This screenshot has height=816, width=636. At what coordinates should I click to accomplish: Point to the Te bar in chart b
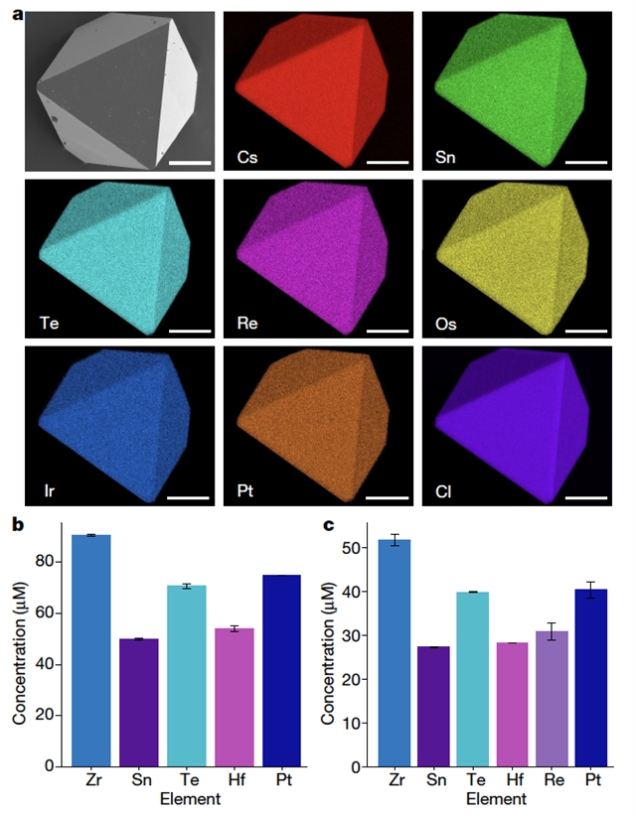tap(186, 676)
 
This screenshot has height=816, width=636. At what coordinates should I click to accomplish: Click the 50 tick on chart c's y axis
tap(370, 548)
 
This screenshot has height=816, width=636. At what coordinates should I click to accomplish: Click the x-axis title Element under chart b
tap(186, 799)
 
